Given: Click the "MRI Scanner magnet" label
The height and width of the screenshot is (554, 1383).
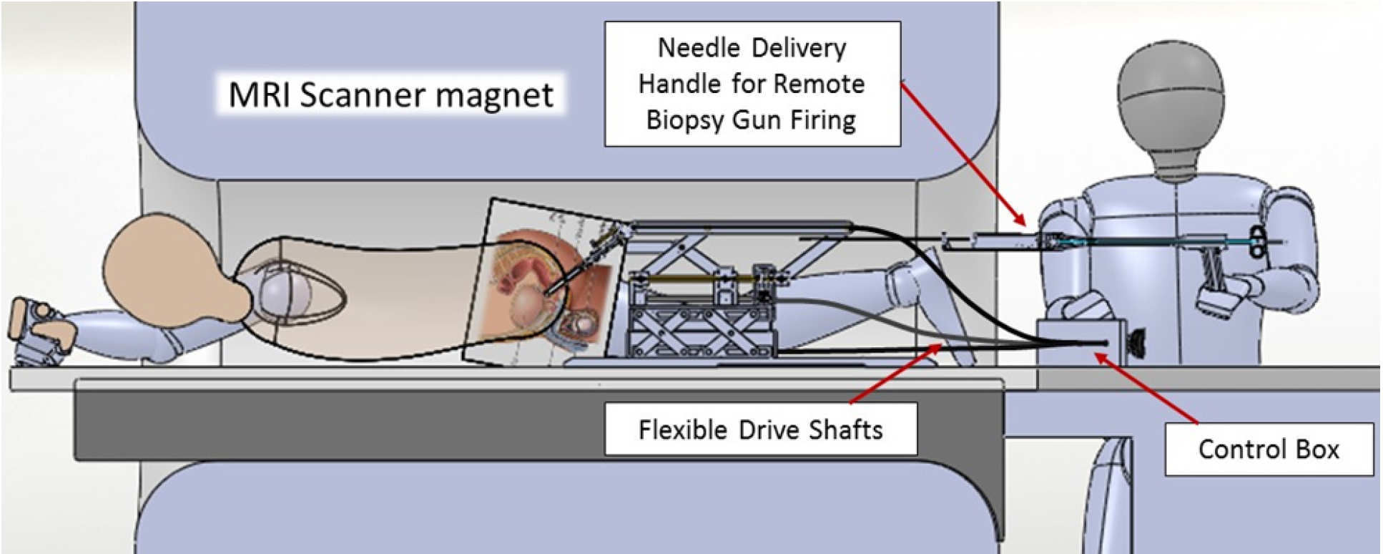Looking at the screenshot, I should click(x=390, y=94).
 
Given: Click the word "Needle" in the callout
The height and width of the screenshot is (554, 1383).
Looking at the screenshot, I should click(x=697, y=48).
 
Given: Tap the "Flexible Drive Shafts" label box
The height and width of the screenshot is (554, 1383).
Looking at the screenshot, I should click(x=760, y=429).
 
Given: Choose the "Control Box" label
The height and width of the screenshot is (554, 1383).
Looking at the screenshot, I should click(x=1268, y=449).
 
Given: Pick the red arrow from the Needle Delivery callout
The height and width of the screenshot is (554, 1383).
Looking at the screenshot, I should click(x=962, y=154).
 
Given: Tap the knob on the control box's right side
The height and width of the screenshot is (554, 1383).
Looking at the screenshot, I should click(x=1133, y=341).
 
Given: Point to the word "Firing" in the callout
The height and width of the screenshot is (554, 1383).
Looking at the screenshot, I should click(x=822, y=120).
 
